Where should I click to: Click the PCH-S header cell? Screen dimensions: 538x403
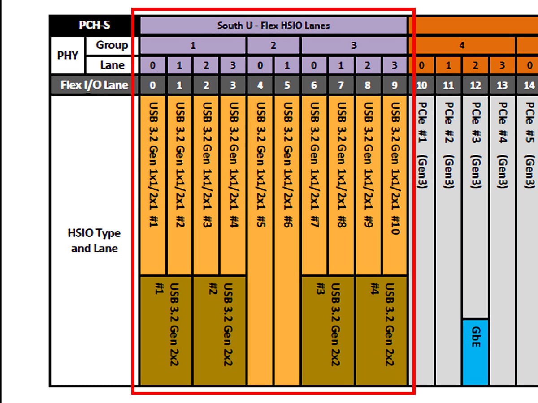click(94, 25)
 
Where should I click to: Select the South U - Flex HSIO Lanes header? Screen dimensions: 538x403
click(273, 26)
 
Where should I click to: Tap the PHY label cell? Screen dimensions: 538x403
click(67, 55)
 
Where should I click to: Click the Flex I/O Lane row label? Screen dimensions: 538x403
click(94, 85)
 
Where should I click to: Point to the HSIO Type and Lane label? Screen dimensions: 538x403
click(94, 240)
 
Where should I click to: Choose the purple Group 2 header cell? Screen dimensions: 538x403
click(273, 46)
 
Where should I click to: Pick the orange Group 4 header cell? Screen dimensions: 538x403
click(461, 46)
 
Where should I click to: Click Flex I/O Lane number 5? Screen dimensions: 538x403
click(287, 85)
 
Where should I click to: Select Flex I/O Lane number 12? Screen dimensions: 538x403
click(475, 85)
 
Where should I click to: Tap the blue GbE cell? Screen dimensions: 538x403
click(475, 352)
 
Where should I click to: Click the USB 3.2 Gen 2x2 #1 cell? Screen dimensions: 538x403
click(166, 331)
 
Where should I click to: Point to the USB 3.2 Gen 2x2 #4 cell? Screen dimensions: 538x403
click(381, 331)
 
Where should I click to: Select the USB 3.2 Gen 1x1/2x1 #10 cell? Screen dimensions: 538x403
click(395, 185)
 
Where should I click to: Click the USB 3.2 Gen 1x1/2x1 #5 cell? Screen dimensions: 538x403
click(260, 240)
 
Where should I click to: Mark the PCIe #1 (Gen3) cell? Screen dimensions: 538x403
click(421, 240)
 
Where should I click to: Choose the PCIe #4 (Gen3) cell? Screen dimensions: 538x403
click(502, 240)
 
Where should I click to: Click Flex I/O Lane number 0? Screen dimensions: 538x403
click(153, 85)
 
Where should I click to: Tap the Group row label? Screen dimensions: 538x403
click(112, 46)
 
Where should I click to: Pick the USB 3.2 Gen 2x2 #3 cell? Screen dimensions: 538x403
click(327, 331)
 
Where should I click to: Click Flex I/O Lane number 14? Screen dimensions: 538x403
click(528, 85)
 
